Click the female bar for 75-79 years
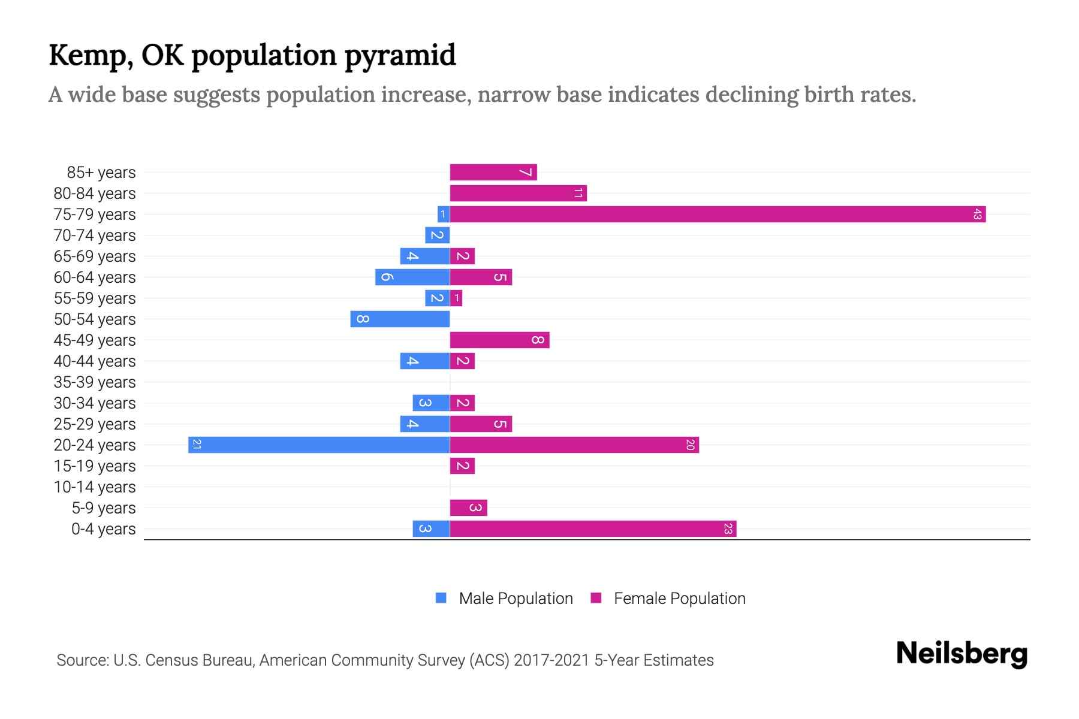[x=718, y=215]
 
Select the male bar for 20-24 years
[x=319, y=445]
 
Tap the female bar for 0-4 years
[x=593, y=529]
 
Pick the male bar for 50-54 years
[x=400, y=319]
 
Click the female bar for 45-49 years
[x=499, y=340]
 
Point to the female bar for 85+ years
[x=493, y=173]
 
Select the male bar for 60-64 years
[x=412, y=277]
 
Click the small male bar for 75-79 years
[x=444, y=215]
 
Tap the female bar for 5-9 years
[x=468, y=508]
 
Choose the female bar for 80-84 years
[x=518, y=194]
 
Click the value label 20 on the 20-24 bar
[x=690, y=445]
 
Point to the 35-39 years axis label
[x=95, y=382]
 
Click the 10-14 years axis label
[x=95, y=487]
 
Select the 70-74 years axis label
[x=95, y=235]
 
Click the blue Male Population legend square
[x=441, y=598]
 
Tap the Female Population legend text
[x=679, y=599]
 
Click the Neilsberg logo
[x=962, y=653]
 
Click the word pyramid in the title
[x=400, y=56]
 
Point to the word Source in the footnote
[x=82, y=660]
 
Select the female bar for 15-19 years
[x=462, y=466]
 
